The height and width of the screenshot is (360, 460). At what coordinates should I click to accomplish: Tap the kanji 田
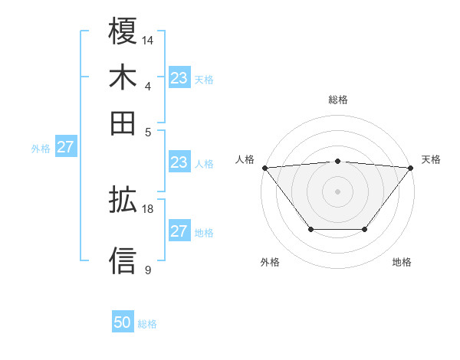click(123, 123)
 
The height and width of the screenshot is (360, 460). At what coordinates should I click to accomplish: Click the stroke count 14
click(148, 39)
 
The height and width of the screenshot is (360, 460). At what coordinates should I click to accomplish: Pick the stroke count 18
click(148, 208)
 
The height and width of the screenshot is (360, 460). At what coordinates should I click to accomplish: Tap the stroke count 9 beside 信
click(147, 270)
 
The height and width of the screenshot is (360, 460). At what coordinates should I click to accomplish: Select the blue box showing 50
click(123, 323)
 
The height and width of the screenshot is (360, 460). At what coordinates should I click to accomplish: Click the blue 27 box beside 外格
click(65, 147)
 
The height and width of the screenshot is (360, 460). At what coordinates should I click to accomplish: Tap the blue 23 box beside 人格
click(179, 162)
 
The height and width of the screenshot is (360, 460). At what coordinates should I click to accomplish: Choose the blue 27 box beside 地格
click(179, 231)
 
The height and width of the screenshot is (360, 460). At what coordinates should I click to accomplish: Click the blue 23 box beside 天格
click(179, 77)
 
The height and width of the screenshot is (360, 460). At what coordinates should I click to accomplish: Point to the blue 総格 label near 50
click(147, 324)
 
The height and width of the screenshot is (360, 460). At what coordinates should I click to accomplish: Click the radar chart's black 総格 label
click(338, 100)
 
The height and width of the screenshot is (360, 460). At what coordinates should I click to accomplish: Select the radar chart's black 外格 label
click(270, 263)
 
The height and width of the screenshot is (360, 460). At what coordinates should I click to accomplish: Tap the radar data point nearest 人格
click(264, 168)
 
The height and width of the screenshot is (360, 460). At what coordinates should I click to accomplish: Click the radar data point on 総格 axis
click(338, 161)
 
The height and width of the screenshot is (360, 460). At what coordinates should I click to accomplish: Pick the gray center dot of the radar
click(338, 191)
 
